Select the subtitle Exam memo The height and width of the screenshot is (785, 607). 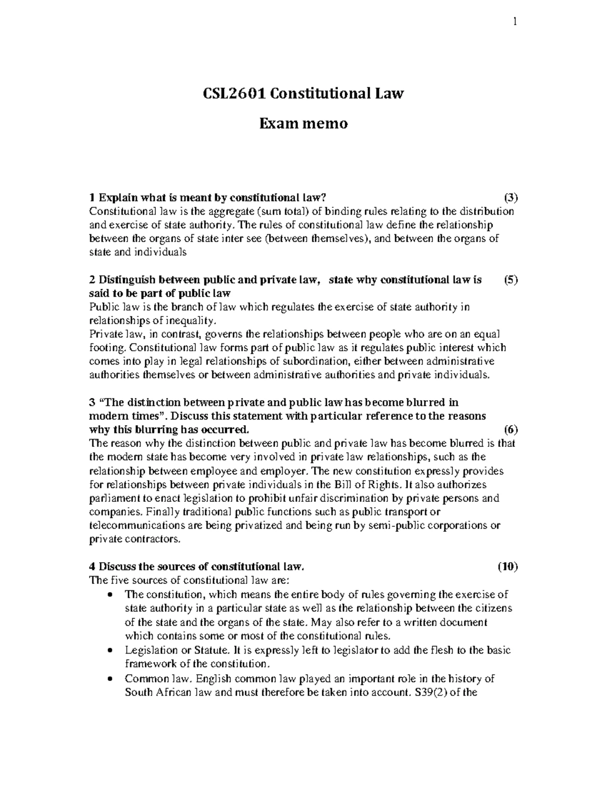click(x=303, y=123)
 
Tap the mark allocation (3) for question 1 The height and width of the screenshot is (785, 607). click(x=511, y=197)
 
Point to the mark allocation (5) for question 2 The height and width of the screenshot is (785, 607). click(x=511, y=280)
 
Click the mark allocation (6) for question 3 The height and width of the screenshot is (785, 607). click(x=511, y=430)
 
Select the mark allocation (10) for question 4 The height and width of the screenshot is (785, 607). click(x=508, y=566)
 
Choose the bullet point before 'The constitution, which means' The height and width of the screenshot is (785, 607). click(x=110, y=594)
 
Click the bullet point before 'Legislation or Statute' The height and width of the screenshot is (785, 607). click(x=110, y=650)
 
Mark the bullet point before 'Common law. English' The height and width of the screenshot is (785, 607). click(x=110, y=679)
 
